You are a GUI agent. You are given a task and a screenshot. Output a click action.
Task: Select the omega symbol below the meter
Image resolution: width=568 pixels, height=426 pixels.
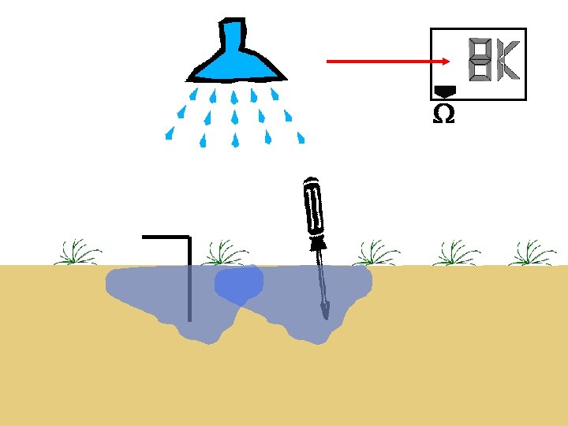click(444, 115)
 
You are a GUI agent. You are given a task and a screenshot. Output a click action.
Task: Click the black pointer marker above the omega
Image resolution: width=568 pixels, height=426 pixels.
click(445, 92)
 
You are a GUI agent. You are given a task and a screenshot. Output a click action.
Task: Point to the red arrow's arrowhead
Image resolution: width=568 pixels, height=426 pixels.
click(445, 61)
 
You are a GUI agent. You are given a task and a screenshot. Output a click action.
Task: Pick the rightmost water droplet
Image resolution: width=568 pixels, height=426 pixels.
click(301, 137)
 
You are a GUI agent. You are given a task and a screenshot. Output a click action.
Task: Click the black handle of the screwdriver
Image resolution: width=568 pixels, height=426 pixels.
click(313, 207)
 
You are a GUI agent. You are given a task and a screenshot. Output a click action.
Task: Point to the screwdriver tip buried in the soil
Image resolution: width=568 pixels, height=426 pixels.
click(325, 315)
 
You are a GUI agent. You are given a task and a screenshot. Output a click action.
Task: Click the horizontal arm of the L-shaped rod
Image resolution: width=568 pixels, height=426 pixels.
click(166, 237)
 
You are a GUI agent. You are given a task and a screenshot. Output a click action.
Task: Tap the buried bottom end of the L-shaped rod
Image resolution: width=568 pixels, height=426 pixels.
click(189, 317)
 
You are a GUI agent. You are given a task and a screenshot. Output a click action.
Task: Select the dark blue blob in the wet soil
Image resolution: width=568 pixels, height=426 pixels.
click(238, 284)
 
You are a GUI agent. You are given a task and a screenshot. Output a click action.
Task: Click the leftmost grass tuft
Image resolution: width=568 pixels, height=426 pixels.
click(77, 252)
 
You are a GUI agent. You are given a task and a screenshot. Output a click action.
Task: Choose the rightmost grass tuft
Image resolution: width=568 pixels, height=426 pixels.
click(532, 252)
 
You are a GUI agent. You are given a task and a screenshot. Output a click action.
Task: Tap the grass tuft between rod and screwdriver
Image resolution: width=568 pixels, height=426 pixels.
click(225, 252)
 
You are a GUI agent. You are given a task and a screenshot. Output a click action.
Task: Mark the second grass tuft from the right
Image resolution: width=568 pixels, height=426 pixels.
click(455, 252)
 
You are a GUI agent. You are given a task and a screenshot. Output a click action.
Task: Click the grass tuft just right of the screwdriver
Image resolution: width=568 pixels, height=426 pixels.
click(376, 252)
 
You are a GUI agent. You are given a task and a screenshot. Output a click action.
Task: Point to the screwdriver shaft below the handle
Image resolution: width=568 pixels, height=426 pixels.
click(322, 276)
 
